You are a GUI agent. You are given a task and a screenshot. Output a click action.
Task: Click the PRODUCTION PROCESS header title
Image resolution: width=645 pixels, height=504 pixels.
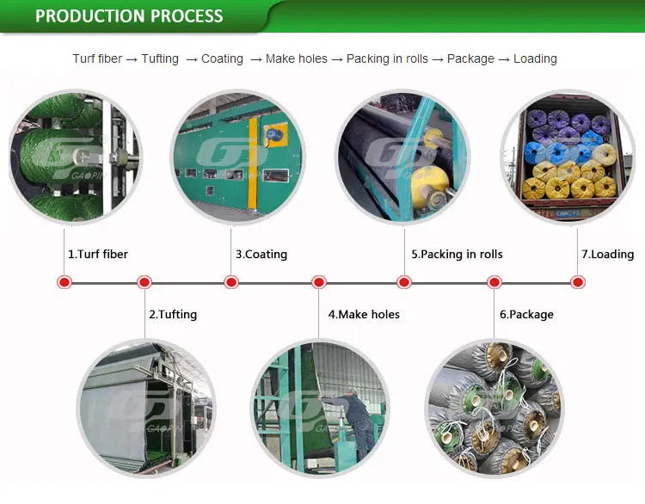pyautogui.click(x=129, y=16)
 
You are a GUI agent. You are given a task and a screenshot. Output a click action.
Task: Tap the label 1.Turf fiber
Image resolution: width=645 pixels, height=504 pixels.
pyautogui.click(x=97, y=255)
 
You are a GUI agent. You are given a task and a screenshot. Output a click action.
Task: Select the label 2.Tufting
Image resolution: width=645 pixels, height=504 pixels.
pyautogui.click(x=172, y=315)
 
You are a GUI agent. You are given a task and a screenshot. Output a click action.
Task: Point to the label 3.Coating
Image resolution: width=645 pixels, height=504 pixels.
pyautogui.click(x=261, y=255)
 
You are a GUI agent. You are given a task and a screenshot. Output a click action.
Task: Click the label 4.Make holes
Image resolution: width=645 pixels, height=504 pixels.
pyautogui.click(x=364, y=315)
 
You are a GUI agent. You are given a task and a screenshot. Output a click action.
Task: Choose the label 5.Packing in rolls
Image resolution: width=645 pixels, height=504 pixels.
pyautogui.click(x=457, y=255)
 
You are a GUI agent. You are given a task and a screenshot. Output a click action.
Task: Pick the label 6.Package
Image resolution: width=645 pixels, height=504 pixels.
pyautogui.click(x=526, y=315)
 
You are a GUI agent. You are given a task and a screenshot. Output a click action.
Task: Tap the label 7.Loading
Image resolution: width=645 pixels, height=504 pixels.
pyautogui.click(x=607, y=255)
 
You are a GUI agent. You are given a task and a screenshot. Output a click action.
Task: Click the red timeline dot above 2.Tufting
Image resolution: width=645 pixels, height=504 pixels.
pyautogui.click(x=144, y=282)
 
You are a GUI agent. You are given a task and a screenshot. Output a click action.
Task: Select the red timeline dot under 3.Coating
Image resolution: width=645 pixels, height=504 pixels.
pyautogui.click(x=231, y=282)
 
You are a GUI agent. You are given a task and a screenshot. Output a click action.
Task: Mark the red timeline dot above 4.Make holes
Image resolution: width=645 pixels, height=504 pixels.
pyautogui.click(x=319, y=282)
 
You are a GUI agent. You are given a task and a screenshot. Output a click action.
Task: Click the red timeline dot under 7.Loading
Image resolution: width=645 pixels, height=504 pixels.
pyautogui.click(x=578, y=282)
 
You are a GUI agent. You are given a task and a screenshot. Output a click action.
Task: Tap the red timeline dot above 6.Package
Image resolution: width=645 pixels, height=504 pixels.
pyautogui.click(x=494, y=282)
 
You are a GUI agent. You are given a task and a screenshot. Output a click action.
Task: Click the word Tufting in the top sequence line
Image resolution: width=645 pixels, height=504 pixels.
pyautogui.click(x=160, y=59)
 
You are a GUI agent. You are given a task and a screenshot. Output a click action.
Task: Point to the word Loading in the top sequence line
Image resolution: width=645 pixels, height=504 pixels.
pyautogui.click(x=535, y=59)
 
